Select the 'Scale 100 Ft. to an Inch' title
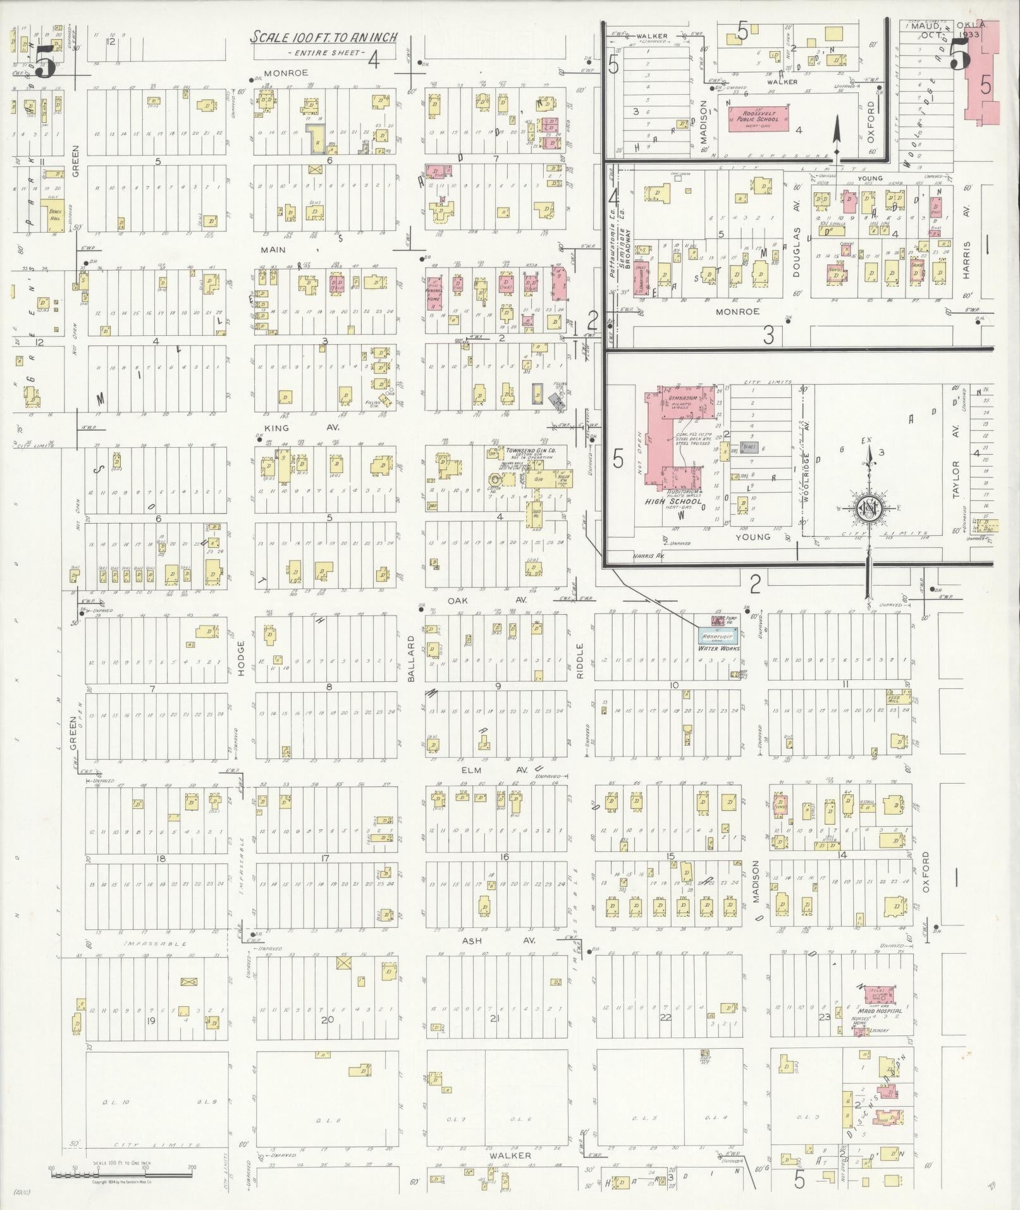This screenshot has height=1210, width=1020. click(323, 37)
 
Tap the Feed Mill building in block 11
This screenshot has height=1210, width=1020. click(898, 697)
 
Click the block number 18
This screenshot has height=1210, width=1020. click(161, 858)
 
